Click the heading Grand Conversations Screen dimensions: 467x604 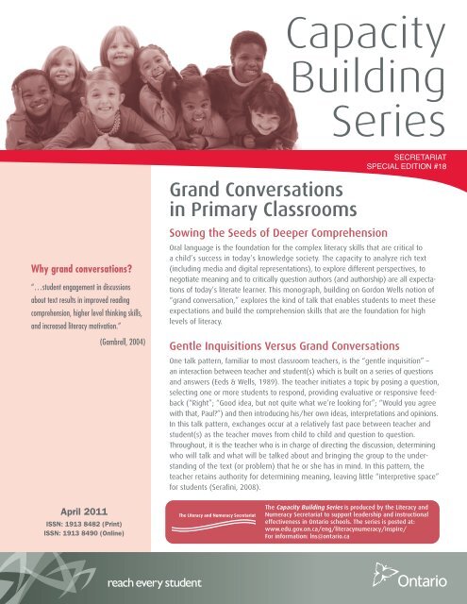(x=250, y=194)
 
